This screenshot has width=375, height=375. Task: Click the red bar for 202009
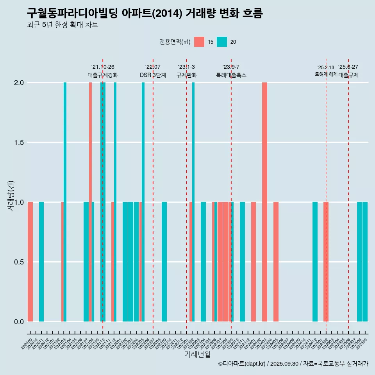coord(30,262)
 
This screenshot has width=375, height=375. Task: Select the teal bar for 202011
coord(41,262)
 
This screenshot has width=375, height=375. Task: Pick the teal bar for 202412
coord(315,262)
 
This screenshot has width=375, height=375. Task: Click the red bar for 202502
coord(326,262)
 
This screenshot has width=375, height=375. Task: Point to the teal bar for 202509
coord(365,262)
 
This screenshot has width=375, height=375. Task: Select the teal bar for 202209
coord(164,262)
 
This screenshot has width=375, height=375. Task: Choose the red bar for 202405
coord(276,262)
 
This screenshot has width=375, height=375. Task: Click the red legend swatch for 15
coord(199,42)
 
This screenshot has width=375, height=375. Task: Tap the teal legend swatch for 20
coord(222,42)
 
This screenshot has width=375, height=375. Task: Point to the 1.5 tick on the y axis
coord(19,143)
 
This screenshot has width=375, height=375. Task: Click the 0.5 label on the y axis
coord(19,262)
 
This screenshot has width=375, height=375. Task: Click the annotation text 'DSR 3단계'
coord(153,75)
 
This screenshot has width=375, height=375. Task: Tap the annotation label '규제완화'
coord(186,75)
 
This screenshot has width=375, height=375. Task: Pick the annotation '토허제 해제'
coord(326,74)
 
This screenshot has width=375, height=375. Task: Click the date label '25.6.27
coord(348,67)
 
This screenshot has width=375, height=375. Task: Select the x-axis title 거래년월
coord(197,355)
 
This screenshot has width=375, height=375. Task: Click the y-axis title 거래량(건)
coord(11,195)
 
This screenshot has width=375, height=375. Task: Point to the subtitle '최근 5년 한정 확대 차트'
coord(62,25)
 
